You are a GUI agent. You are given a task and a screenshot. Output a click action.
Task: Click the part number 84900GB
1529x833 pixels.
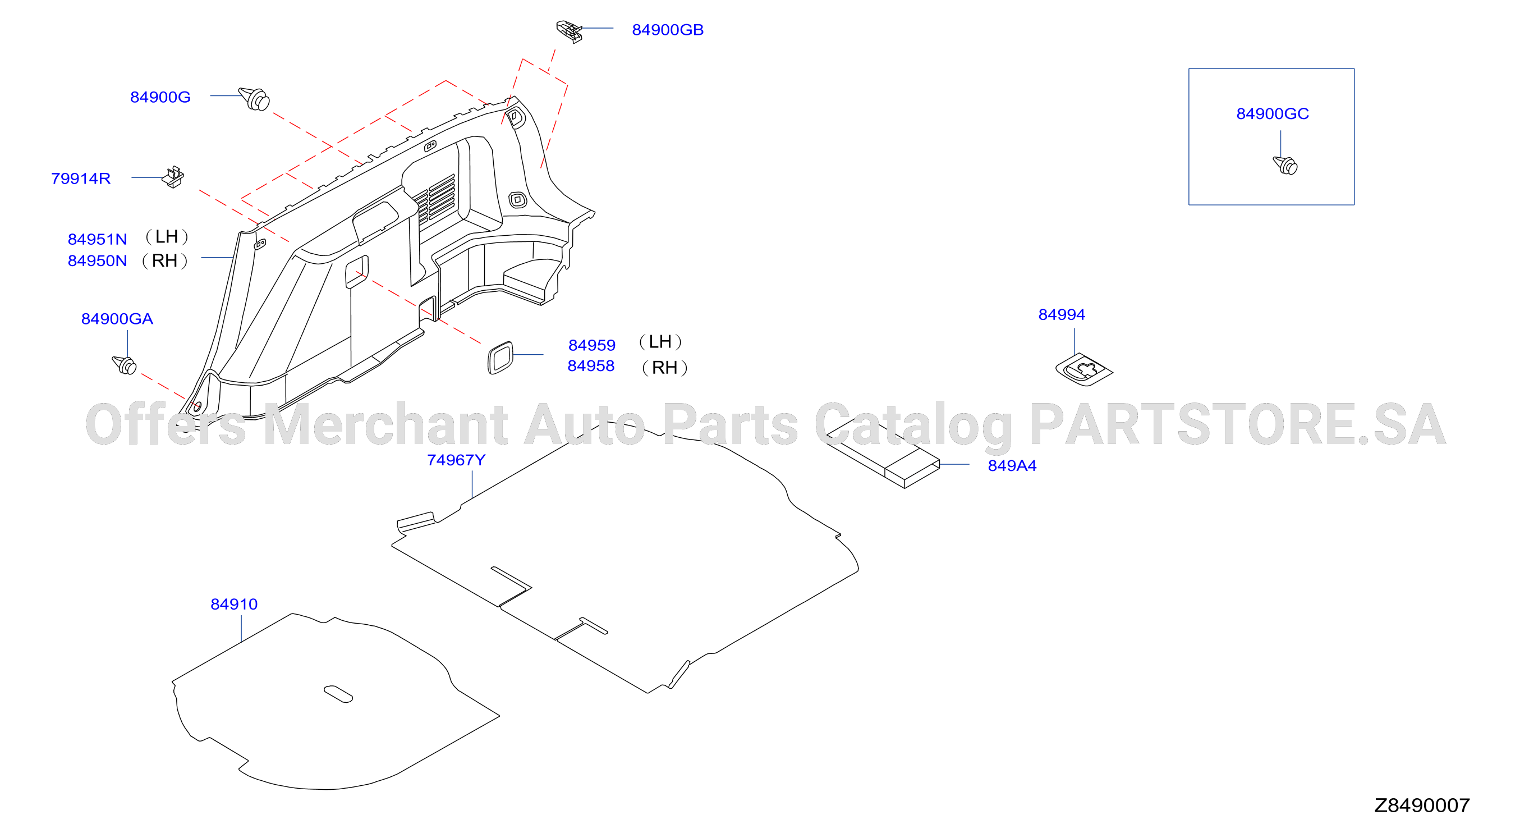[667, 30]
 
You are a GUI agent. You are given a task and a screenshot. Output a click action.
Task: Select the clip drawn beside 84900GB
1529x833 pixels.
[569, 31]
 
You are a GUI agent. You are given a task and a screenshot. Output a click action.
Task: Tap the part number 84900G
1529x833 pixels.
[160, 97]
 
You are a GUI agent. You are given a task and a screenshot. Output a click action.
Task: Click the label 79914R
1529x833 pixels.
[81, 178]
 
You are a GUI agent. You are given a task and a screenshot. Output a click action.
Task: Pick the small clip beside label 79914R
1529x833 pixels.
[173, 177]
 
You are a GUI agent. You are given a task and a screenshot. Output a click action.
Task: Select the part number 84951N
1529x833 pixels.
[97, 239]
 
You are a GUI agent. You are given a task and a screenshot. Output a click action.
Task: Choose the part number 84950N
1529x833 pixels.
[97, 260]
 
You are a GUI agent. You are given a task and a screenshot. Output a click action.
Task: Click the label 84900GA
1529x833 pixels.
[117, 319]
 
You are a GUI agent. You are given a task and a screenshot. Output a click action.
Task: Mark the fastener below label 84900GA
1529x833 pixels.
[125, 364]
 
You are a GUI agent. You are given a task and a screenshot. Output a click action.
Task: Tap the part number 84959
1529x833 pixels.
[592, 345]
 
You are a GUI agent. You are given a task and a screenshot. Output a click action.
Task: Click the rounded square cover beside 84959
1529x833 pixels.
[500, 358]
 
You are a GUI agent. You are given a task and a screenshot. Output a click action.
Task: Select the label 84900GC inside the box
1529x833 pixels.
[1273, 113]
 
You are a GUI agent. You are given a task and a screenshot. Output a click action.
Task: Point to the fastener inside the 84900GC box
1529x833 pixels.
[1285, 165]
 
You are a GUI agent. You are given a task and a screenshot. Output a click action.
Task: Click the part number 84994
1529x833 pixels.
[1061, 315]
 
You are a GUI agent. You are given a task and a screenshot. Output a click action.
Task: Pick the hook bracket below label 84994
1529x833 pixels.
[1084, 370]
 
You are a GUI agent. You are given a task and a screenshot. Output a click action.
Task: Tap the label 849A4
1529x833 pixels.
[1012, 465]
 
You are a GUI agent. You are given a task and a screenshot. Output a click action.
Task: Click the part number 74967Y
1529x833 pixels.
[456, 460]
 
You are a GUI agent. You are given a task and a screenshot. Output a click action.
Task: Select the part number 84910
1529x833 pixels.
[234, 605]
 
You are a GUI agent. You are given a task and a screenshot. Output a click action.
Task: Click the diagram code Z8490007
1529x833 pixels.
[1422, 805]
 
